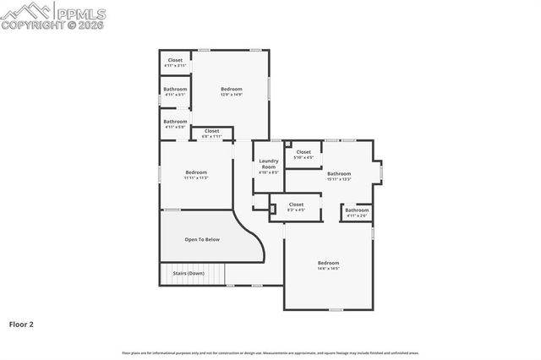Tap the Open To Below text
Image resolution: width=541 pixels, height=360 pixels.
click(202, 239)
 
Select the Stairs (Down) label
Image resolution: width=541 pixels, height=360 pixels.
click(189, 273)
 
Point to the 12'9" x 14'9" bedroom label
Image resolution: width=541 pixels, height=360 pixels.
click(232, 91)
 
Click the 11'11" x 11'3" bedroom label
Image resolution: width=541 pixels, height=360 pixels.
click(196, 174)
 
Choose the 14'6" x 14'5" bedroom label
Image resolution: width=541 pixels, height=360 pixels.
click(328, 265)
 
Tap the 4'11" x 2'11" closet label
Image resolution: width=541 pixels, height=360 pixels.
click(175, 63)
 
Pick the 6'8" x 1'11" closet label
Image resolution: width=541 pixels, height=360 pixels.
click(211, 133)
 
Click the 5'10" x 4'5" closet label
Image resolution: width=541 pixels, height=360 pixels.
click(303, 154)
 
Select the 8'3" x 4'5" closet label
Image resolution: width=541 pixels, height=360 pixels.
click(296, 206)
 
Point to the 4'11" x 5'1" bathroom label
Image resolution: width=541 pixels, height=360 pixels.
click(175, 91)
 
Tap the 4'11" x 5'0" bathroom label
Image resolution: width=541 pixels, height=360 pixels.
click(175, 123)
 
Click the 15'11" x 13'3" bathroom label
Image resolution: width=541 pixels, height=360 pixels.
click(339, 176)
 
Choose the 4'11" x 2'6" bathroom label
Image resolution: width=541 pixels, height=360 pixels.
click(357, 212)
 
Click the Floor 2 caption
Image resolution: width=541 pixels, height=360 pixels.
click(21, 324)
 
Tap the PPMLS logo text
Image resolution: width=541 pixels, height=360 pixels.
click(80, 14)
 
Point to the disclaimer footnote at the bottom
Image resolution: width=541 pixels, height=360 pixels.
click(270, 352)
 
